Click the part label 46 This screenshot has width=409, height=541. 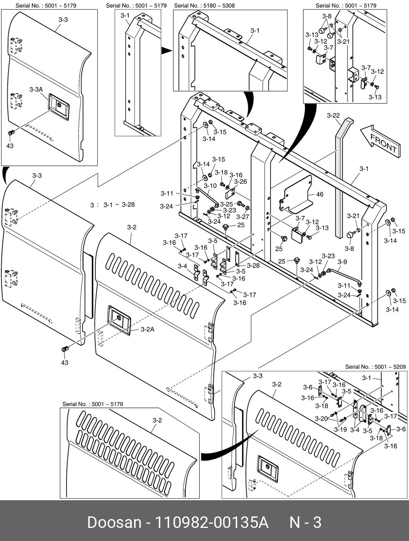pos(320,194)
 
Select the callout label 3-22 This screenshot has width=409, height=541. pos(333,115)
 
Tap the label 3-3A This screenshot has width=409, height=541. pos(36,89)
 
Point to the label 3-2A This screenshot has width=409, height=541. pos(147,329)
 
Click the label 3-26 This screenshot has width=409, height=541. pos(240,182)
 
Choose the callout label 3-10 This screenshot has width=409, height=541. pos(210,185)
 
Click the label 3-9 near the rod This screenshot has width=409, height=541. pos(342,262)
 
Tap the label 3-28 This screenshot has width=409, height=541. pos(253,265)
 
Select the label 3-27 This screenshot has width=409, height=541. pos(243,217)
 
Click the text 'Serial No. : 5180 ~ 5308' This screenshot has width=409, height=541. pos(204,6)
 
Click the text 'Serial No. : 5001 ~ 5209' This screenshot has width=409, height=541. pos(375,367)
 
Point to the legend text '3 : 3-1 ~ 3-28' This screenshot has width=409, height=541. pos(112,205)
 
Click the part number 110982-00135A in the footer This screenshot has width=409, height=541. pos(211,523)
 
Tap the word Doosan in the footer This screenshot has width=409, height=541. pos(115,523)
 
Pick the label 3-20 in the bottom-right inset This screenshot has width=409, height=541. pos(321,419)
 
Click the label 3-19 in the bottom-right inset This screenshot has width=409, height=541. pos(340,429)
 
